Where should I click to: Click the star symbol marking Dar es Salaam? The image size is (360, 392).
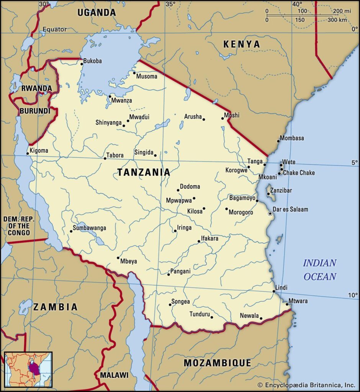click(270, 213)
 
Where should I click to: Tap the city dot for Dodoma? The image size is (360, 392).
click(178, 190)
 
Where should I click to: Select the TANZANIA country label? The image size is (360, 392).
click(144, 172)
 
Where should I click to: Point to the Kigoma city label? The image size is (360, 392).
click(39, 150)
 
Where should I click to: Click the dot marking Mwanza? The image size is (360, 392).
click(110, 96)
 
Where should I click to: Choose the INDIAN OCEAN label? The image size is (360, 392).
click(320, 270)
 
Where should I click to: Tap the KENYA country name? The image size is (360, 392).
click(241, 44)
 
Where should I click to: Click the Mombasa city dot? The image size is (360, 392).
click(278, 141)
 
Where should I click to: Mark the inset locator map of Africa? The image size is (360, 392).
click(28, 369)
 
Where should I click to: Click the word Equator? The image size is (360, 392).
click(54, 29)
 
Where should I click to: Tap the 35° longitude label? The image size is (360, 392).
click(170, 4)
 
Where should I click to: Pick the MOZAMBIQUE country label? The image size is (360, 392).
click(217, 363)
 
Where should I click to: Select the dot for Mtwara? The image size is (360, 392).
click(287, 304)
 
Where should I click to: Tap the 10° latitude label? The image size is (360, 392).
click(352, 295)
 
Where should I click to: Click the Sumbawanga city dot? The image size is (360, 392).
click(71, 231)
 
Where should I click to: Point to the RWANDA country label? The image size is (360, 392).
click(36, 88)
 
